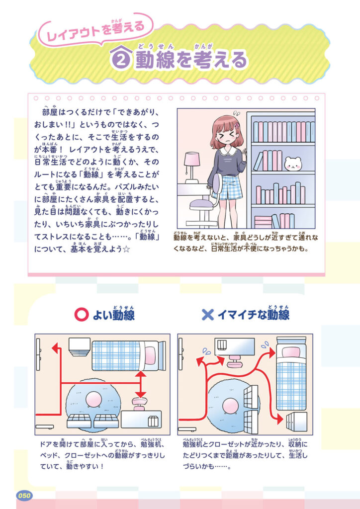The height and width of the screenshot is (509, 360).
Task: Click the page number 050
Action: click(24, 496)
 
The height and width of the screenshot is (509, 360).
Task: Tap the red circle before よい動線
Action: click(81, 315)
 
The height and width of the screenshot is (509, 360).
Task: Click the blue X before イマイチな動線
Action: click(208, 315)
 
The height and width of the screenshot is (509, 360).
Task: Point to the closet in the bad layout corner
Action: click(296, 422)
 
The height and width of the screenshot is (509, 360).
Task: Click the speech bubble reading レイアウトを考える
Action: click(96, 30)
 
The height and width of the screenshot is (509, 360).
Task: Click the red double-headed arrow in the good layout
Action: click(140, 384)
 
